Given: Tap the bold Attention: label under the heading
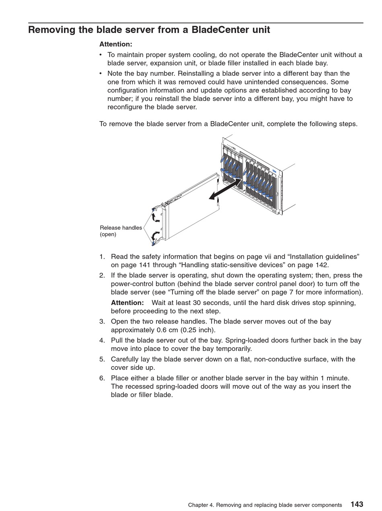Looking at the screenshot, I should coord(115,44).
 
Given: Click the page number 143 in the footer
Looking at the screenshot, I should coord(357,504).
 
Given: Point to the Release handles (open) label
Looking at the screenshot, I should coord(121,231).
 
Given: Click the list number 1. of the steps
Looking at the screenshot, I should coord(102,257).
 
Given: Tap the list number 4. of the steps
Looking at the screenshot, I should coord(102,340).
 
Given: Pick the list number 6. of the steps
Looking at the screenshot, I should coord(102,378).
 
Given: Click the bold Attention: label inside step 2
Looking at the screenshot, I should coord(127,303).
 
